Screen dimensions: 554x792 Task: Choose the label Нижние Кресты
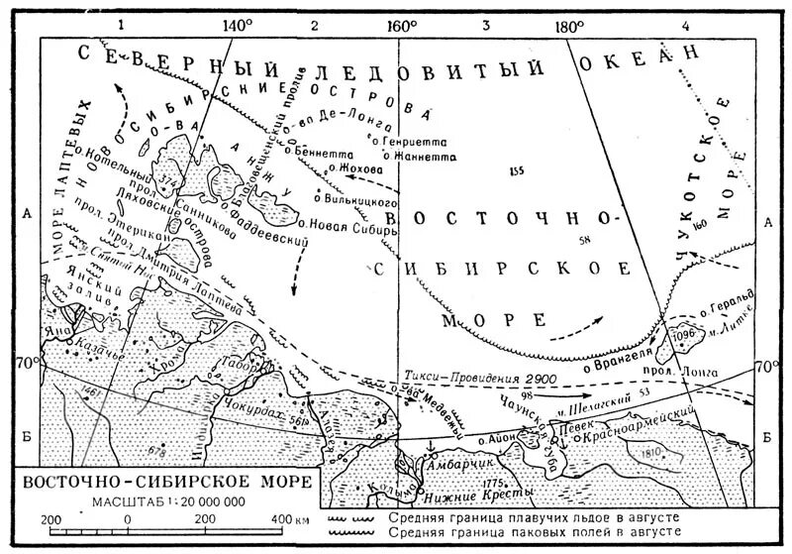[x=465, y=493]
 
